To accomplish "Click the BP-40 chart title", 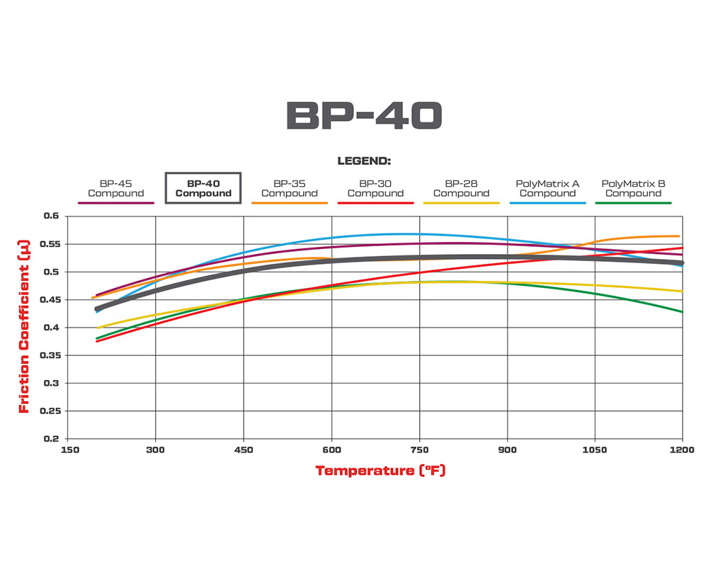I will (x=364, y=116).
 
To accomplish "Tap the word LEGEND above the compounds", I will (x=364, y=161).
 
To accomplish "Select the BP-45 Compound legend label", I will (x=115, y=188).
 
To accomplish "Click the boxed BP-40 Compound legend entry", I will (x=203, y=188).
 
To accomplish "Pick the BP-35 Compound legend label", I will (x=289, y=188).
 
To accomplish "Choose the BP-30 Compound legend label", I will (x=375, y=188).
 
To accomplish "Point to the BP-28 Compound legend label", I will (x=461, y=188).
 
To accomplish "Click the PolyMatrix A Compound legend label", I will (x=547, y=188).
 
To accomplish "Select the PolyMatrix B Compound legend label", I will (x=633, y=188).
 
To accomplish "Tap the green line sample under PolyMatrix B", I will (x=633, y=203).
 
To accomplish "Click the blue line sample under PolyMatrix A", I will (x=547, y=203).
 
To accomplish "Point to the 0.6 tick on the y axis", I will (x=52, y=216).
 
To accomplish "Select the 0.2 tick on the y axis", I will (x=52, y=439).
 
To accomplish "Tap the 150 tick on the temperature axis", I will (x=69, y=450).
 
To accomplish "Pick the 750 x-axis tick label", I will (x=420, y=450).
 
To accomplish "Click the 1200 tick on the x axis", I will (x=682, y=450).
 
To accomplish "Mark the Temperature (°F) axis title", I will (x=380, y=470).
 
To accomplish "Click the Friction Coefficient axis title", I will (x=24, y=327).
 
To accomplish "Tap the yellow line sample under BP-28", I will (x=461, y=203).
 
